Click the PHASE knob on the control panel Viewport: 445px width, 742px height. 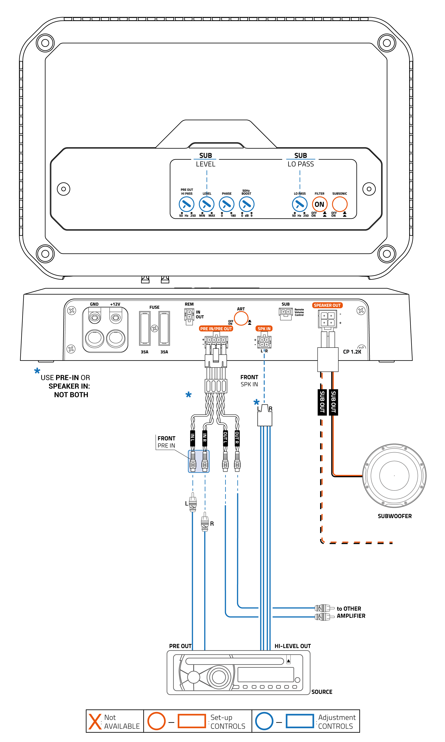tap(227, 204)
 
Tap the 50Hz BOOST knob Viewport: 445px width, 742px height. tap(247, 204)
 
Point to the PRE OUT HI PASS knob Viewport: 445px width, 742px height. tap(186, 204)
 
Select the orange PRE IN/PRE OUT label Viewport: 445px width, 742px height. tap(216, 329)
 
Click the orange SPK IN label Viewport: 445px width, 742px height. tap(264, 329)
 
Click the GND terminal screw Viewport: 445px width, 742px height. tap(95, 317)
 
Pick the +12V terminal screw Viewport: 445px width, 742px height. tap(116, 317)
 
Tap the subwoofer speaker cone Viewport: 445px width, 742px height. tap(394, 476)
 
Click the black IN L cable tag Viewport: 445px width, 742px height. tap(193, 438)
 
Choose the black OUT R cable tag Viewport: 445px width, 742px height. tap(237, 438)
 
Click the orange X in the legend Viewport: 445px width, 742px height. tap(95, 721)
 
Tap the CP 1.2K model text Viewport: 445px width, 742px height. tap(352, 352)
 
